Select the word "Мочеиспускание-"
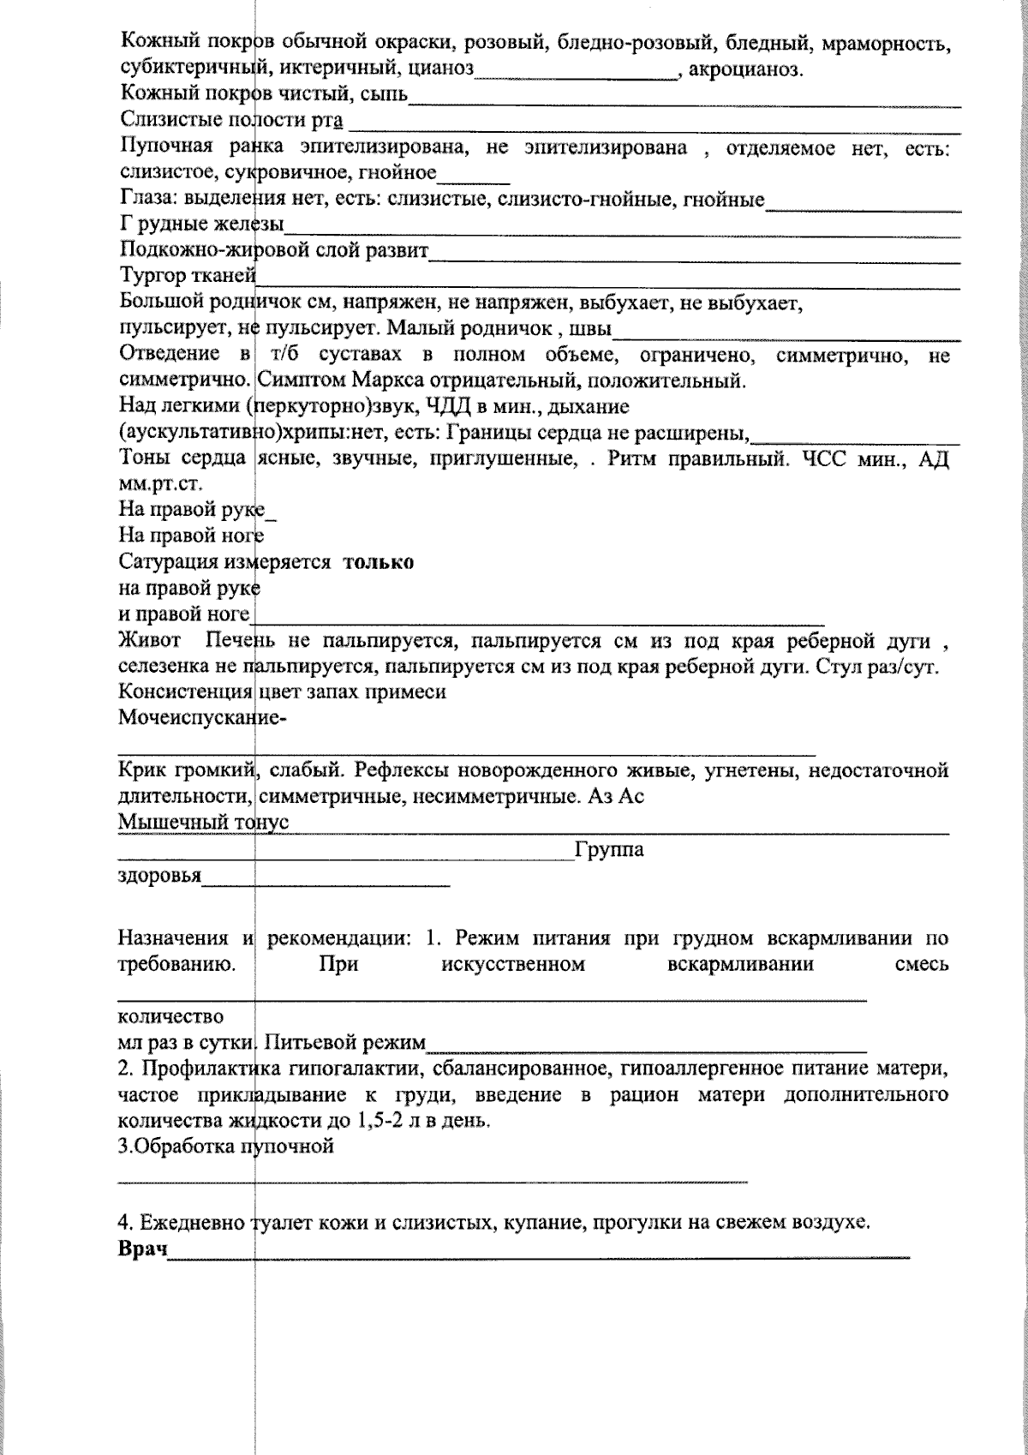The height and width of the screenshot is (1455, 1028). (202, 718)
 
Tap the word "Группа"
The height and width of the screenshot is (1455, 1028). (609, 850)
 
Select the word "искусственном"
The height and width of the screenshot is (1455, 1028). (513, 964)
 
